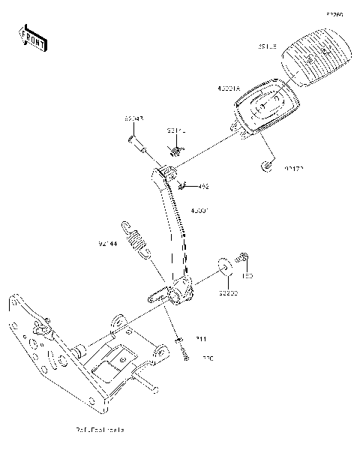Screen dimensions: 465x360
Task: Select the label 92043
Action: pos(134,118)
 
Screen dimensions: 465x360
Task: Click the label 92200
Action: pos(228,293)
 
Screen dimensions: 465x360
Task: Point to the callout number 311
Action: pos(201,340)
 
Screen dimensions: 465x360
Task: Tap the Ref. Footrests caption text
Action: pos(100,430)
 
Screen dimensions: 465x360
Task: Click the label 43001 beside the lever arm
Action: pos(202,211)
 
